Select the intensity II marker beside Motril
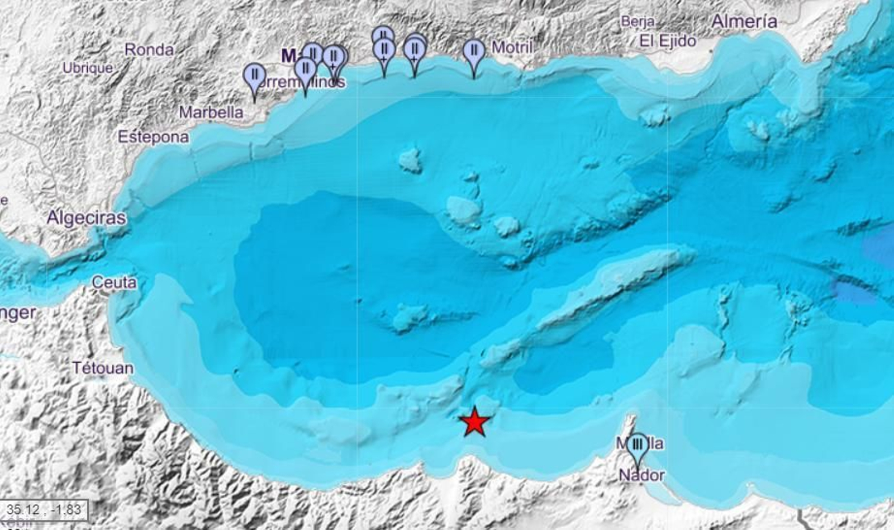tap(474, 52)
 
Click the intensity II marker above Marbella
tap(255, 75)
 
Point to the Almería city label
tap(744, 22)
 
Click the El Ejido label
tap(668, 41)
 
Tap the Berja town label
tap(638, 22)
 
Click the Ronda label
tap(149, 50)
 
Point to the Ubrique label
tap(88, 68)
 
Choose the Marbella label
tap(211, 112)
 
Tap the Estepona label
tap(153, 137)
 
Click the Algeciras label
tap(86, 217)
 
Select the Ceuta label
tap(114, 282)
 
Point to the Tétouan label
tap(103, 368)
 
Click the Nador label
tap(642, 475)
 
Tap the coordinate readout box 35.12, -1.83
tap(44, 509)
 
